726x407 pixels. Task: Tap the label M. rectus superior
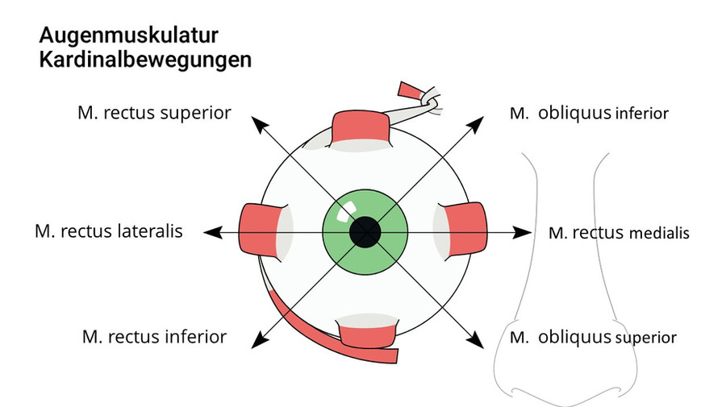click(x=154, y=113)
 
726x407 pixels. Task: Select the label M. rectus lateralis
click(x=109, y=231)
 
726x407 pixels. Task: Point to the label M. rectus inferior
click(x=154, y=336)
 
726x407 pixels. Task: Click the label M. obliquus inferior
click(x=589, y=114)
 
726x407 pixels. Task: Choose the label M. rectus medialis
click(x=619, y=233)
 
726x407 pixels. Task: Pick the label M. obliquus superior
click(x=593, y=337)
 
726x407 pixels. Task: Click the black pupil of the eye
click(x=365, y=232)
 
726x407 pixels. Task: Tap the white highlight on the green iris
click(x=343, y=214)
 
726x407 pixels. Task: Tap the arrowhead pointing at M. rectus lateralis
click(x=211, y=232)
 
